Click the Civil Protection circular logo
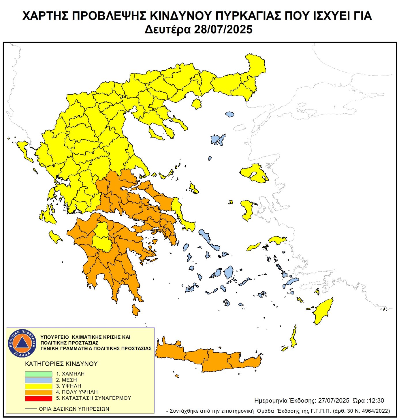[22, 343]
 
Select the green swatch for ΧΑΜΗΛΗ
[38, 374]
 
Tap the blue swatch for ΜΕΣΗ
[38, 380]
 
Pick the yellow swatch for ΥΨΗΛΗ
[38, 386]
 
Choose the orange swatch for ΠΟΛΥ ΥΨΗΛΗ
[38, 392]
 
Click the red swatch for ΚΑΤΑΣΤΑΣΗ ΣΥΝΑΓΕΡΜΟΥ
[38, 398]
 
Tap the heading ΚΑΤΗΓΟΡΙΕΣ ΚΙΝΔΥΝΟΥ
[61, 364]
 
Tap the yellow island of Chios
[247, 210]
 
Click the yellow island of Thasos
[197, 104]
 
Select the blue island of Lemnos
[218, 140]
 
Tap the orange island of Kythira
[135, 310]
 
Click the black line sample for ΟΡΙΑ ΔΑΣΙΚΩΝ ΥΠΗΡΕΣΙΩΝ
[31, 409]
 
